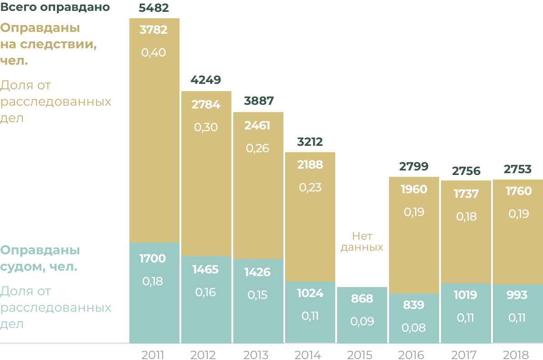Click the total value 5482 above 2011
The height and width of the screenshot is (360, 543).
(x=154, y=8)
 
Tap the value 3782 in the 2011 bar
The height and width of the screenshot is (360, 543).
(x=154, y=30)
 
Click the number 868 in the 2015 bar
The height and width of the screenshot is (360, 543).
(x=362, y=299)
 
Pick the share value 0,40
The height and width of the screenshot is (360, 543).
(x=154, y=53)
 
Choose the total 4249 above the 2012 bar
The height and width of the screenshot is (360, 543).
(x=206, y=80)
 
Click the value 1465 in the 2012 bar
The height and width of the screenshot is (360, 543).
(x=205, y=269)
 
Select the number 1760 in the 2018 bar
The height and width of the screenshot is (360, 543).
(x=518, y=191)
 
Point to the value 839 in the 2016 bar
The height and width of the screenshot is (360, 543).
(x=414, y=305)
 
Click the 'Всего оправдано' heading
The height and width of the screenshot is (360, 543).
(x=55, y=7)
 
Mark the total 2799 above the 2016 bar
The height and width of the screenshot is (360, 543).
(x=414, y=166)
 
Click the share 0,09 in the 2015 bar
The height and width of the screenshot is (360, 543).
(x=362, y=322)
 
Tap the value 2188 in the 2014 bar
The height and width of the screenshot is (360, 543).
(x=310, y=165)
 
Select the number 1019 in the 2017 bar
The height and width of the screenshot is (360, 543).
(x=466, y=295)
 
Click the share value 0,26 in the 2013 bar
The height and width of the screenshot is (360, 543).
(x=257, y=149)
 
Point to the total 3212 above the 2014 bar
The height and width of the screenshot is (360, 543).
(x=310, y=142)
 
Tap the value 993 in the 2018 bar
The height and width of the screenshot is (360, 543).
(x=517, y=295)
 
